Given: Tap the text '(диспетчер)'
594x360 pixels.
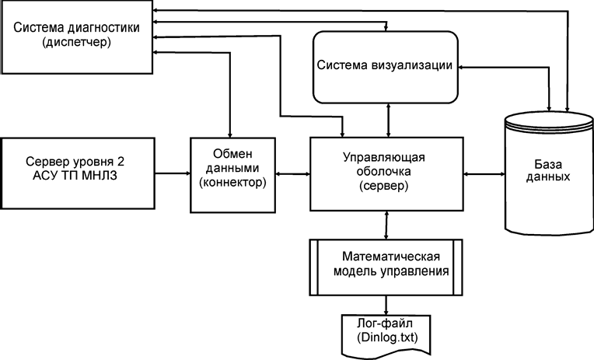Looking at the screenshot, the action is click(x=77, y=42).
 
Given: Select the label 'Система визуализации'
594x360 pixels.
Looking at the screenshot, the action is click(x=385, y=65).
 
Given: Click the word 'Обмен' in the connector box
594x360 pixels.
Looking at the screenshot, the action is click(x=232, y=154).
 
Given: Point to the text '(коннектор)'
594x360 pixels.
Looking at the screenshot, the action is click(x=232, y=183).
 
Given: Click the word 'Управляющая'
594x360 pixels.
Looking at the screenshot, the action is click(x=384, y=158).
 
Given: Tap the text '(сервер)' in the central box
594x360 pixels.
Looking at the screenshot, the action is click(x=384, y=186).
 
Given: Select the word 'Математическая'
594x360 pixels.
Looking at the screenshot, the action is click(x=391, y=257).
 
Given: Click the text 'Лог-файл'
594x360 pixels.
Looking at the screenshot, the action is click(x=385, y=323).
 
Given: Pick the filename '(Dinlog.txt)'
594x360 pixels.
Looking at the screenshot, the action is click(x=386, y=337).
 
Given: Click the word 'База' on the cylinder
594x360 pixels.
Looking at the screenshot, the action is click(x=548, y=165).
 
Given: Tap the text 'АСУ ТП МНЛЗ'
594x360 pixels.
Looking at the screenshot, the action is click(x=75, y=176).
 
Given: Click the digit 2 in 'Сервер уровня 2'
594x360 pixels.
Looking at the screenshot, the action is click(x=121, y=162).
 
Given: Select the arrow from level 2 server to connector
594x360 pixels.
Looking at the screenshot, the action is click(x=173, y=173).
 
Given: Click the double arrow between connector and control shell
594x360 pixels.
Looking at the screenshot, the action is click(x=293, y=174).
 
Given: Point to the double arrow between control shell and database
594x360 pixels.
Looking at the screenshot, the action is click(x=484, y=174).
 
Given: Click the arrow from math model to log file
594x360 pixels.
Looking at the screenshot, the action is click(x=386, y=305).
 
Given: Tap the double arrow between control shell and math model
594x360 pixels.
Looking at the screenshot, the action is click(x=386, y=225).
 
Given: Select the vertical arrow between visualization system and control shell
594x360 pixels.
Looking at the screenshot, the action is click(x=388, y=120).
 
